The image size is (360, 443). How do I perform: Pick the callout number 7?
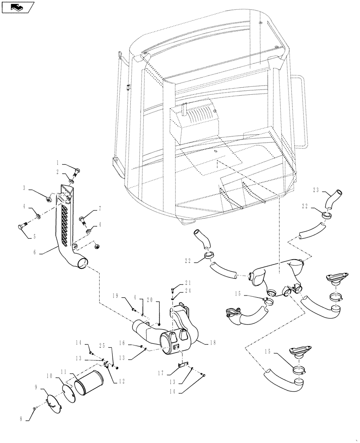click(100, 208)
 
